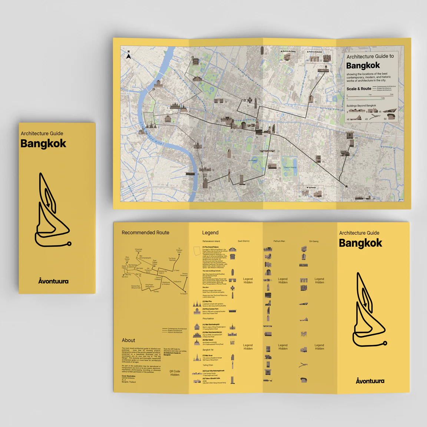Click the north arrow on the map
pos(129,56)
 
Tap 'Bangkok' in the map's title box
pos(363,66)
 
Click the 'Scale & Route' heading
pos(358,89)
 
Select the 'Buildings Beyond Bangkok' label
pos(361,106)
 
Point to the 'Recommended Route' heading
pos(145,233)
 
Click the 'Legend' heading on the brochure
pos(210,233)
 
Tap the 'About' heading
pos(128,340)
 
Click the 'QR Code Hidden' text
pos(175,373)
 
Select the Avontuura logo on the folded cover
pos(53,281)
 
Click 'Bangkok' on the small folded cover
pos(43,143)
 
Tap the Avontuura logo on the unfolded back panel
pos(370,381)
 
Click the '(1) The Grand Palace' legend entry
pos(211,247)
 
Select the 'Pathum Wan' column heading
pos(279,241)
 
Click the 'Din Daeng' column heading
pos(314,241)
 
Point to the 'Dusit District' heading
pos(244,241)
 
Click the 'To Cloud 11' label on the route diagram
pos(183,294)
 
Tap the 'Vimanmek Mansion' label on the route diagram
pos(138,250)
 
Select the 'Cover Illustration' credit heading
pos(129,376)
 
